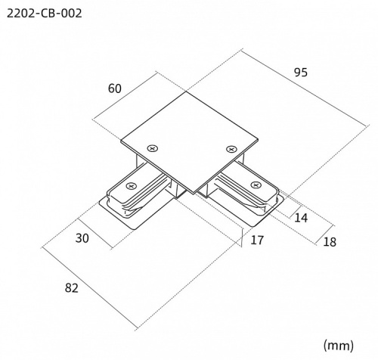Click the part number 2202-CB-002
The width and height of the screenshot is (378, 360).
tap(45, 14)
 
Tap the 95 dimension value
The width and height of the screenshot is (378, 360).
tap(301, 73)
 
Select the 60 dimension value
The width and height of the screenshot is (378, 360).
tap(115, 88)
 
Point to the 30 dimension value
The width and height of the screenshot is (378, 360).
tap(82, 238)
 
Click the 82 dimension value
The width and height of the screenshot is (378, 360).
tap(72, 288)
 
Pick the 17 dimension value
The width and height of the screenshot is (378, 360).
tap(257, 240)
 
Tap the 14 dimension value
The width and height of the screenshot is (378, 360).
tap(301, 218)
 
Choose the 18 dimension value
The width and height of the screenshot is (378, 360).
tap(330, 242)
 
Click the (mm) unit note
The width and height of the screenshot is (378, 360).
tap(339, 346)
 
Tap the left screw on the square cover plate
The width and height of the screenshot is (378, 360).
tap(153, 148)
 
